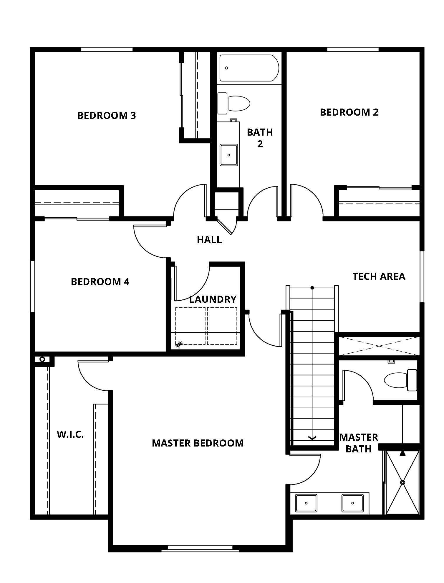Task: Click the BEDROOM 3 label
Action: coord(107,115)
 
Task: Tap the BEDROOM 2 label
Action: coord(349,112)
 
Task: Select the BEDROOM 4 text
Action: coord(100,281)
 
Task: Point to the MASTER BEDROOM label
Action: coord(198,443)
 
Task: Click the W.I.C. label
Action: coord(70,434)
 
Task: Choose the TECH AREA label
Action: coord(379,276)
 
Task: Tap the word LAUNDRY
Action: coord(213,299)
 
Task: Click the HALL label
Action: coord(209,240)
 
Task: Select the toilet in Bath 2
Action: coord(234,103)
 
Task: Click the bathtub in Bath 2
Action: coord(249,68)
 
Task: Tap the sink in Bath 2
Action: coord(229,155)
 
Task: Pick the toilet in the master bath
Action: coord(401,380)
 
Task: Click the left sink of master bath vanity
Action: coord(306,503)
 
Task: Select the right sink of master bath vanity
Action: coord(352,503)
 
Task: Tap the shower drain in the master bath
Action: coord(402,482)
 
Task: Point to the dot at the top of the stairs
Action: coord(312,288)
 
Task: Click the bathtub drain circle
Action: coord(226,68)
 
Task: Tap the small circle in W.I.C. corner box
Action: coord(42,359)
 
